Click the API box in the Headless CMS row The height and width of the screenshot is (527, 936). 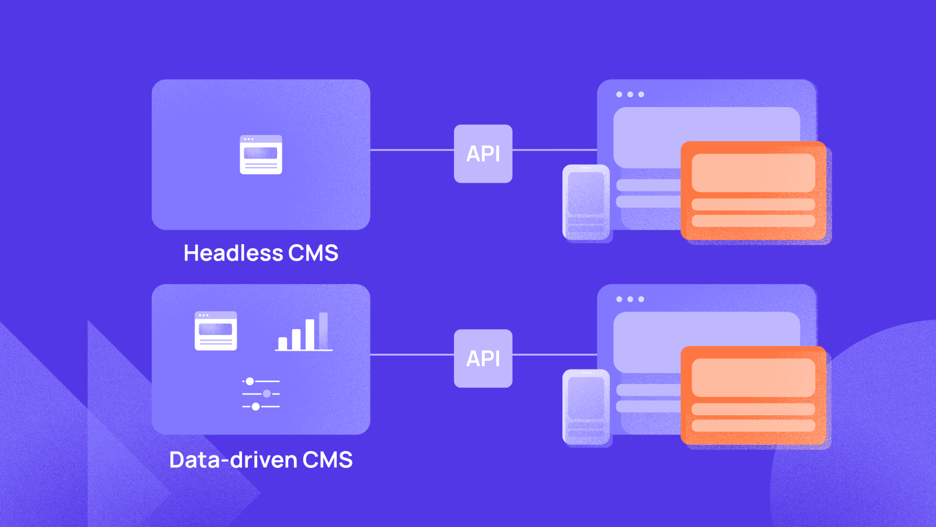[x=483, y=153]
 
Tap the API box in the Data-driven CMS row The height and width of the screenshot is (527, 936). [x=483, y=358]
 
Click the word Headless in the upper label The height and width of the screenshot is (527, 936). [x=233, y=253]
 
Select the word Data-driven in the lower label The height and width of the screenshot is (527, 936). [x=233, y=460]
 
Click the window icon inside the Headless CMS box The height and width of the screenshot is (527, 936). [x=261, y=155]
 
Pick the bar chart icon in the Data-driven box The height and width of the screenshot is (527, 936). [x=304, y=332]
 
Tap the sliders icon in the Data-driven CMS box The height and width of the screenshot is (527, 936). [x=261, y=394]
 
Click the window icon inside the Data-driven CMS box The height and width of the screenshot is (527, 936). [x=216, y=331]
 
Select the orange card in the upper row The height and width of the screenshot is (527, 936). [x=753, y=190]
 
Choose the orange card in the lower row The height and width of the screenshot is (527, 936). [x=753, y=395]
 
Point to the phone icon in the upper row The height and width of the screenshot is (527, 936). [x=586, y=202]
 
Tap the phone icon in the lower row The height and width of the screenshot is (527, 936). [x=586, y=407]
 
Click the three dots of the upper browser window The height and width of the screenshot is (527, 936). [x=630, y=94]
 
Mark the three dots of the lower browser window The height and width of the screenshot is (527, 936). [x=630, y=299]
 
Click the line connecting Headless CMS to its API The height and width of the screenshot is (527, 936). [x=412, y=150]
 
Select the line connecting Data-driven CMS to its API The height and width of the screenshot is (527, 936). [x=412, y=355]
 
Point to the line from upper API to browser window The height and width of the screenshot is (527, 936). [x=554, y=150]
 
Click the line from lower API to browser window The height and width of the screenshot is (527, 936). [x=554, y=355]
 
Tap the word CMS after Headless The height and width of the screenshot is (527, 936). [x=313, y=253]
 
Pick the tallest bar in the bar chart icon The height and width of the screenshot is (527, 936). [x=323, y=331]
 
